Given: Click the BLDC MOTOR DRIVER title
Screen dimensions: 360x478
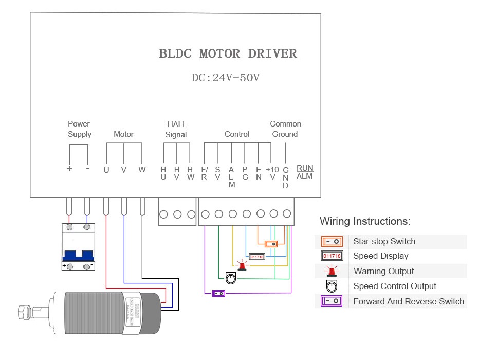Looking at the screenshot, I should coord(228,53).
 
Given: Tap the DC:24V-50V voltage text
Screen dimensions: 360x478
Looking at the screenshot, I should coord(226,78).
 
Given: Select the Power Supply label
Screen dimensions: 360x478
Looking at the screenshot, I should coord(79,129).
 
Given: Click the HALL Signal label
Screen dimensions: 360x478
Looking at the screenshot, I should coord(176,130).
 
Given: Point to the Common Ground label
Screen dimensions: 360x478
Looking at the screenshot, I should coord(285,129).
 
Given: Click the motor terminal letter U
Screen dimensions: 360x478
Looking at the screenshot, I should coord(106,170).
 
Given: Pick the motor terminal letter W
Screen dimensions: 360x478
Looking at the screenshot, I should coord(142,170).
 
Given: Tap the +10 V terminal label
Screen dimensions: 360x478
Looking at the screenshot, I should coord(272,173).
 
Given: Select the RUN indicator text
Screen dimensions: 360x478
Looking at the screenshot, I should coord(305,168).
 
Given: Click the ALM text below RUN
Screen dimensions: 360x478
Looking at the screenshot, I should coord(305,177).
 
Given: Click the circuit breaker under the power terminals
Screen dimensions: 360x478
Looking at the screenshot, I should coord(78,246).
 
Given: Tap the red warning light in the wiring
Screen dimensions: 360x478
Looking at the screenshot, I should coord(242,265).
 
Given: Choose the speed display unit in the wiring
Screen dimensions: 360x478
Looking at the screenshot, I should coord(256,256).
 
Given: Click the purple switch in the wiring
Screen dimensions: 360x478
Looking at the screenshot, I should coord(219,293).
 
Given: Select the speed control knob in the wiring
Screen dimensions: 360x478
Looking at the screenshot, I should coord(231,278).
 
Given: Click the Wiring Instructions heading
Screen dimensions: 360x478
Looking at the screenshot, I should coord(365,222).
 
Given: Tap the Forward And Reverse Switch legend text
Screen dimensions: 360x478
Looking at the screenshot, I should coord(409,302).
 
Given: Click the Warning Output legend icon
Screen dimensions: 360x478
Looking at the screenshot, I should coord(332,271).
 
